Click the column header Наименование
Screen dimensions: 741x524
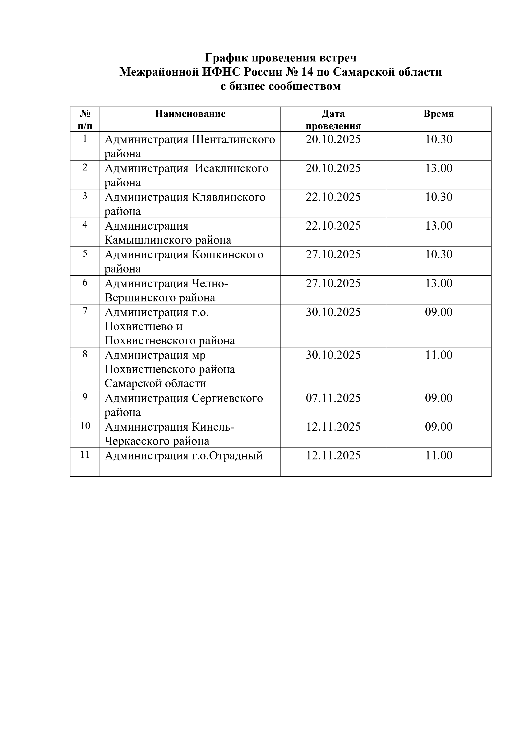click(190, 114)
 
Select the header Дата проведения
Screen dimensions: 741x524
click(333, 119)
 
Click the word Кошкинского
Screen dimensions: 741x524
click(227, 255)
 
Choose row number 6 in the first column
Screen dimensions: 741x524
click(85, 283)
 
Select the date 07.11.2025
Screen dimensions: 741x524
click(333, 398)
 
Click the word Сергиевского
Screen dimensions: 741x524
click(227, 398)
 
